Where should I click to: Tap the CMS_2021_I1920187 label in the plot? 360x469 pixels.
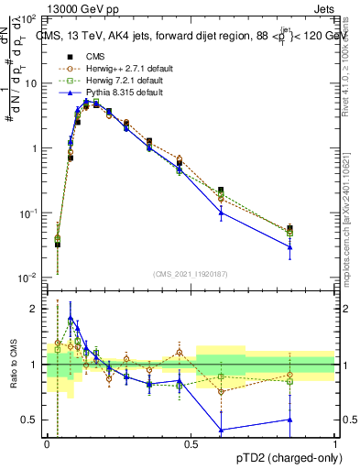[191, 274]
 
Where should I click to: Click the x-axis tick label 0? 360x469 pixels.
[47, 442]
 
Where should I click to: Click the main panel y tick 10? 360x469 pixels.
[31, 83]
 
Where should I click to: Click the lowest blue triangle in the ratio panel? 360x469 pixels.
[221, 430]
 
